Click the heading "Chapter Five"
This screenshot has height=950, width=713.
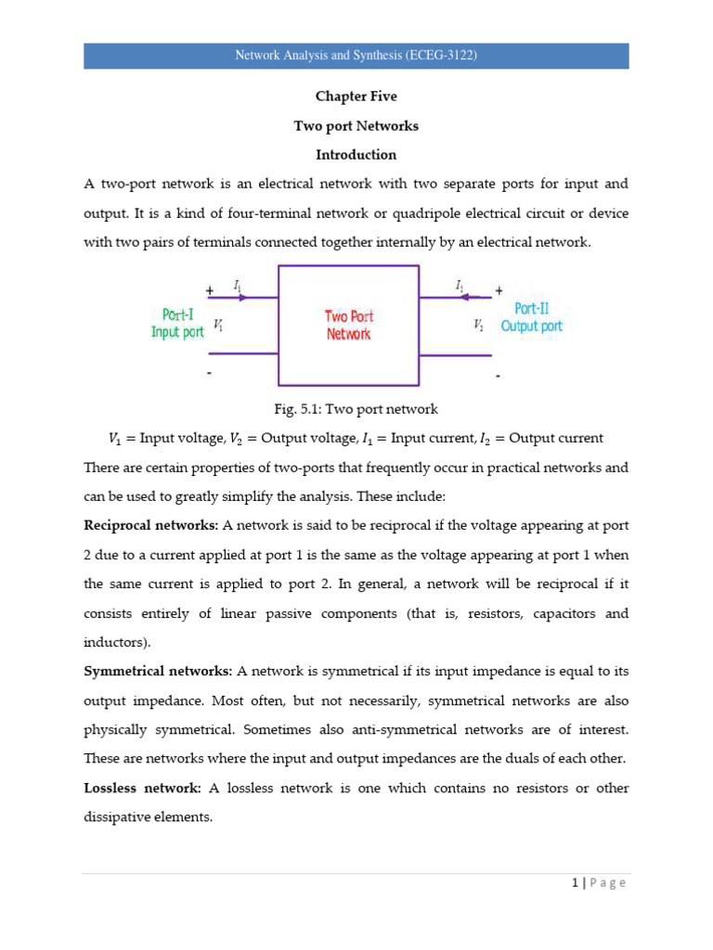tap(356, 96)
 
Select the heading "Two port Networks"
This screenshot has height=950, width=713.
tap(356, 125)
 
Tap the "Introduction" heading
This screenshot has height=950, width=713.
tap(356, 154)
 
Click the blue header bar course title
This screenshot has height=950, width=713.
tap(356, 56)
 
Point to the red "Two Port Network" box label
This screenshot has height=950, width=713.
tap(348, 325)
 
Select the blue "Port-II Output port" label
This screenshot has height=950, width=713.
tap(531, 317)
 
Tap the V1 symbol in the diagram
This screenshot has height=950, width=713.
tap(217, 325)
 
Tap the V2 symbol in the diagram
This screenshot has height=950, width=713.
tap(477, 326)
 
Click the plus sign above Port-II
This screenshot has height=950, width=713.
tap(499, 289)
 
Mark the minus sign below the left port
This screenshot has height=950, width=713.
tap(209, 374)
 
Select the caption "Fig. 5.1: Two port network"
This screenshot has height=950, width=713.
tap(356, 409)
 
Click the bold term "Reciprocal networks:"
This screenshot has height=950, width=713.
tap(150, 525)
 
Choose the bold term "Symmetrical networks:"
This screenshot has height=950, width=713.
tap(159, 670)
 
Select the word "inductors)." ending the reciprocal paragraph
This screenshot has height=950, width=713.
tap(116, 642)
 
